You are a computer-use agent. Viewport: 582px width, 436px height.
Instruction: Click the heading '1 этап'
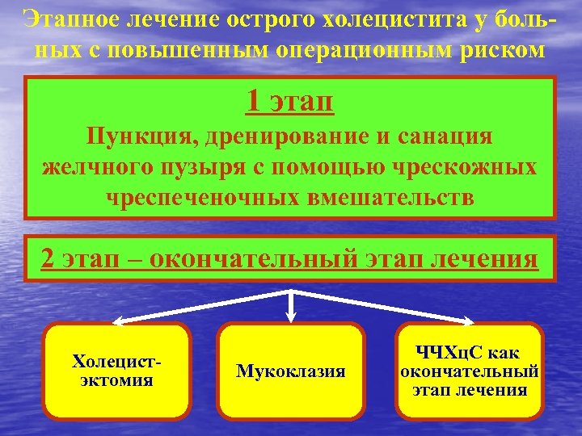click(290, 102)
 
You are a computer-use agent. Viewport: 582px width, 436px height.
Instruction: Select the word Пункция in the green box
click(134, 136)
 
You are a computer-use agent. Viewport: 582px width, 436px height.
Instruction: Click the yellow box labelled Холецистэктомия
click(117, 370)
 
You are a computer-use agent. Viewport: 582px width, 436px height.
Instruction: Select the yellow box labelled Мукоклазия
click(291, 371)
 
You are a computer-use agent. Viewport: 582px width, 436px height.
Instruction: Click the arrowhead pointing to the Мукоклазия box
click(292, 317)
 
